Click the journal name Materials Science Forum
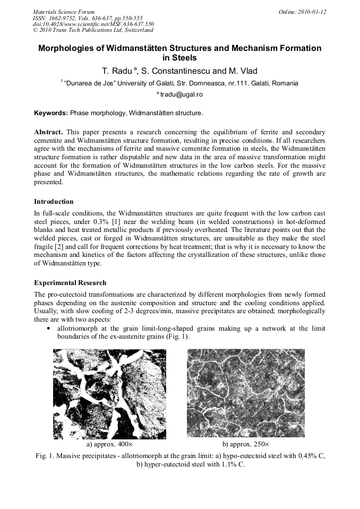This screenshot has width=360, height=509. click(x=64, y=11)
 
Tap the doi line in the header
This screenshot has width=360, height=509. click(x=93, y=24)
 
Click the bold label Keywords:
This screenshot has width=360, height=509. click(x=51, y=113)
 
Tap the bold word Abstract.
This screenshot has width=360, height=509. click(x=49, y=131)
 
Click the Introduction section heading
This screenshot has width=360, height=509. click(x=54, y=201)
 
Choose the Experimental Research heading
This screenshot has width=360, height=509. click(x=70, y=282)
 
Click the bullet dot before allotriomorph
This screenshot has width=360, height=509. click(x=49, y=329)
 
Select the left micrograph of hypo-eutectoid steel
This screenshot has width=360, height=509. click(x=109, y=394)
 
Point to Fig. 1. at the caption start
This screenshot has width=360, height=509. click(x=44, y=455)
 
